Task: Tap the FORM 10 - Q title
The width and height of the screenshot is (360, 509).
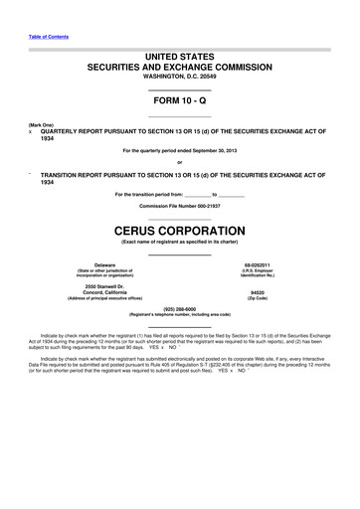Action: tap(179, 103)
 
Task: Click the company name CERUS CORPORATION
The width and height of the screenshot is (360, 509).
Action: tap(179, 230)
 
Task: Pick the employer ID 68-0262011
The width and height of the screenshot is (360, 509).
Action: tap(270, 264)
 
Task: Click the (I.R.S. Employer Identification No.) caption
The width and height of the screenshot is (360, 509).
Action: tap(270, 272)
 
